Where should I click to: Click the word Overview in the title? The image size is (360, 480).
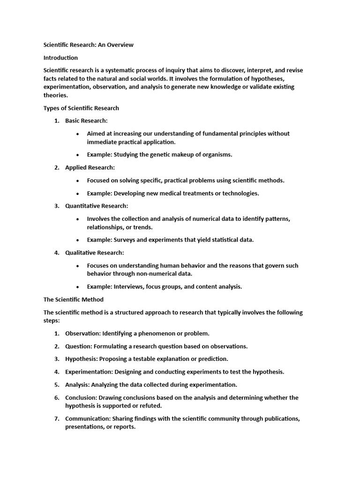[120, 45]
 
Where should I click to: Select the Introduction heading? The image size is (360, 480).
[60, 58]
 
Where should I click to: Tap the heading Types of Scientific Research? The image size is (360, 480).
[81, 108]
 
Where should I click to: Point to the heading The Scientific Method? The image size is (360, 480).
[74, 299]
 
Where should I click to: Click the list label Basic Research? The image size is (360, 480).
[86, 120]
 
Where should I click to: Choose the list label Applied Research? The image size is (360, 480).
[90, 167]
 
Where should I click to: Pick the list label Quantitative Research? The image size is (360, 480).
[96, 206]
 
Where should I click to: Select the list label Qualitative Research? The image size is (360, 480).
[94, 253]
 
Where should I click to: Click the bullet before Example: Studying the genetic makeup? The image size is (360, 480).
[77, 155]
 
